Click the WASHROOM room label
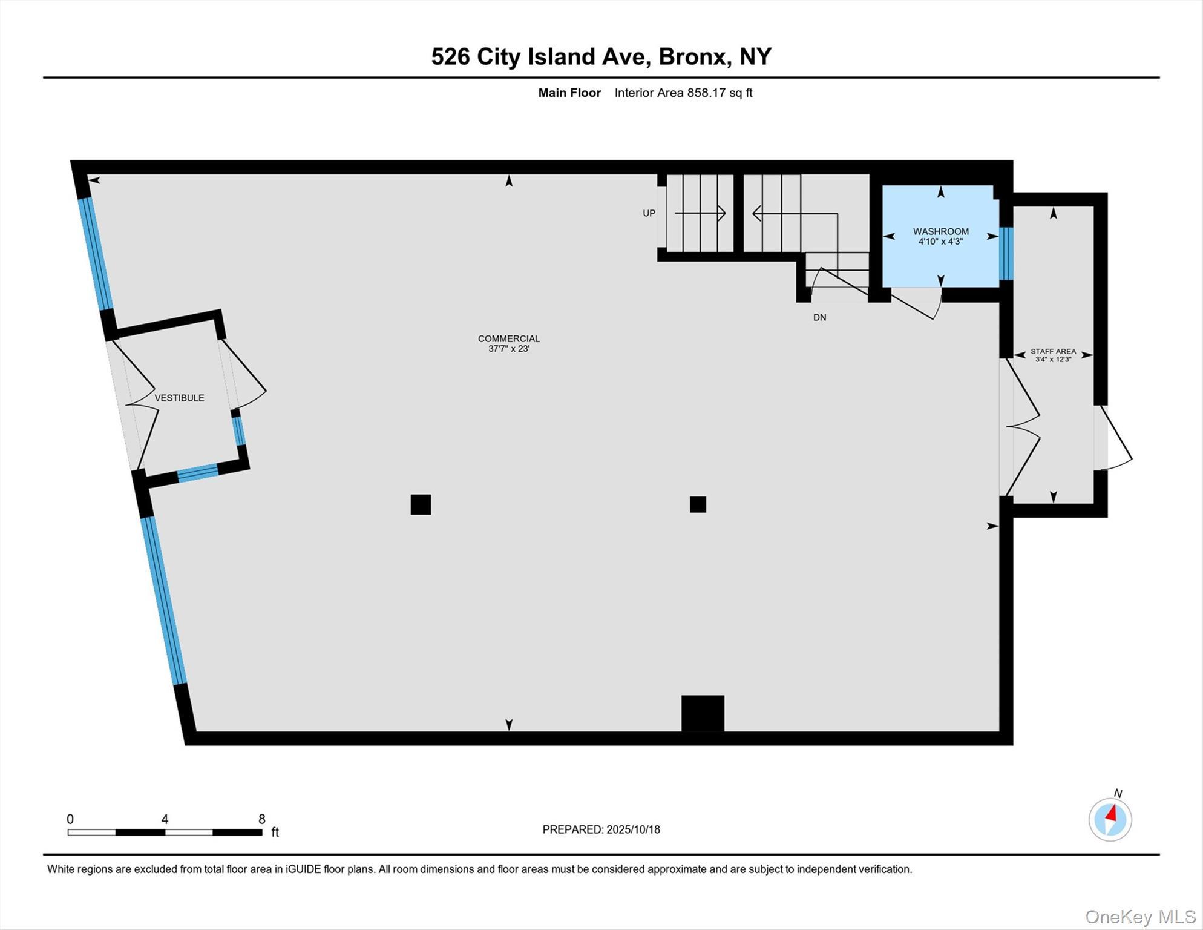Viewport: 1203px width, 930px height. coord(940,231)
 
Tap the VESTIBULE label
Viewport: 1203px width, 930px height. coord(179,398)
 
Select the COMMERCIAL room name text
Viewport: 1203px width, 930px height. coord(508,338)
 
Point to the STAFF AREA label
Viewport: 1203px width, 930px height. coord(1053,351)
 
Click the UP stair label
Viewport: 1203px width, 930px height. coord(649,213)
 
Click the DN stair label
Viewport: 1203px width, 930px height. coord(819,317)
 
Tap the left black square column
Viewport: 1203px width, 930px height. coord(421,504)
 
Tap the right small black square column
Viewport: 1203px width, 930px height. coord(698,504)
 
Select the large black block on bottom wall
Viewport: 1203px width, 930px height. coord(703,713)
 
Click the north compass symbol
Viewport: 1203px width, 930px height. coord(1110,819)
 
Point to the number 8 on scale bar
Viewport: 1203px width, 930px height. coord(261,819)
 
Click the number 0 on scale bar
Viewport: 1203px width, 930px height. coord(70,819)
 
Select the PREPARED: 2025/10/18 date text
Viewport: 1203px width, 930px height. coord(601,829)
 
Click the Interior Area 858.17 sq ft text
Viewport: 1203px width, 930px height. coord(683,93)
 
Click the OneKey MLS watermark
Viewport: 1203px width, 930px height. coord(1140,917)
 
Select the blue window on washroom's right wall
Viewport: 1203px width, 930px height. coord(1006,253)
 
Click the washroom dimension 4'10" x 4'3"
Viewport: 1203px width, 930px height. coord(940,242)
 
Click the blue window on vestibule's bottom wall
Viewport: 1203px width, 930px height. coord(197,473)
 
